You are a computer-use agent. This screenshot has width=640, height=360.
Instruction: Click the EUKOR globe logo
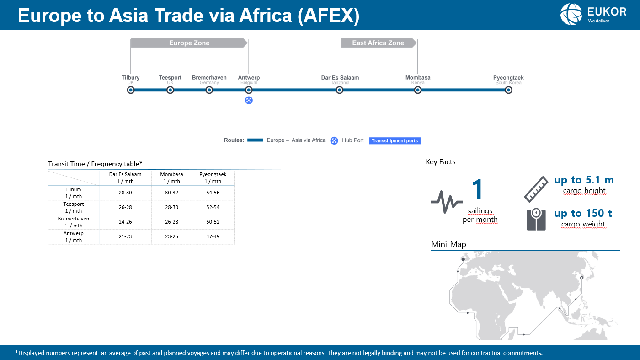[571, 14]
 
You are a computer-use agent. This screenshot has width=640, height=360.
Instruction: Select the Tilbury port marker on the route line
[131, 90]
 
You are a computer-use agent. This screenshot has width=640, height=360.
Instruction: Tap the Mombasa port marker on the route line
[418, 90]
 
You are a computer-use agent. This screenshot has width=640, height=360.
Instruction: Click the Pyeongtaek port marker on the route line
[508, 90]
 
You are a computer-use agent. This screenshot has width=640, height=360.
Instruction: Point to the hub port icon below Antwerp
[249, 100]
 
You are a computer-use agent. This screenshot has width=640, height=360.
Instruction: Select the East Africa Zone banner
[379, 43]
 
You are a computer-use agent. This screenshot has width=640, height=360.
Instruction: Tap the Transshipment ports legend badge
[395, 141]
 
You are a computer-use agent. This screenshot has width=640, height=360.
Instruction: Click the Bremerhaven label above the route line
[209, 77]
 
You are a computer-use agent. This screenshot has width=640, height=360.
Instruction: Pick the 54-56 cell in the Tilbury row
[213, 193]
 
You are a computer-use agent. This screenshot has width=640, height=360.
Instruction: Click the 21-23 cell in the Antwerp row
[125, 236]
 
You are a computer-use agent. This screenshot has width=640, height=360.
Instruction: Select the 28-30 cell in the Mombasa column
[171, 207]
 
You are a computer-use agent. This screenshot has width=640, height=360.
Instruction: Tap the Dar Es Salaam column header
[125, 177]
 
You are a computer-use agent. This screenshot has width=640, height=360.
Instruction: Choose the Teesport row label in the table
[74, 207]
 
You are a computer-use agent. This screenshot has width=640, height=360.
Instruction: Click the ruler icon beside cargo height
[536, 189]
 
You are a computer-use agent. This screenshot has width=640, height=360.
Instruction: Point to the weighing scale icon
[536, 219]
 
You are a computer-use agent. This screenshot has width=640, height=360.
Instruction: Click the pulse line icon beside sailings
[447, 202]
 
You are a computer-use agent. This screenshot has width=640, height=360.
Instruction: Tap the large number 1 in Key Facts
[477, 189]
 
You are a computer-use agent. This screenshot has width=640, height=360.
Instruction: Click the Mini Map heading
[448, 244]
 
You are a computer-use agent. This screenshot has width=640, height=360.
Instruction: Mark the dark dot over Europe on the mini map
[463, 259]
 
